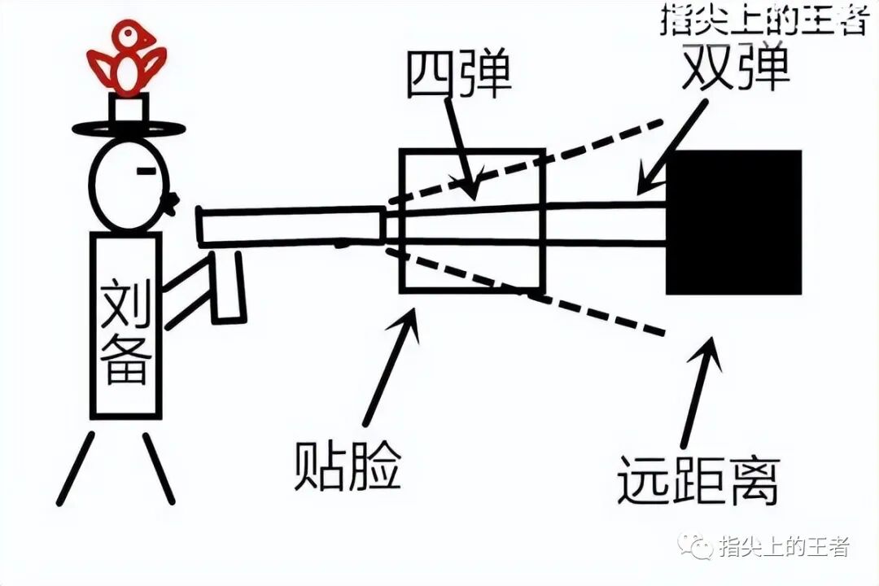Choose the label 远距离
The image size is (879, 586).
tap(698, 480)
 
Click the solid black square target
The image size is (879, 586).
tap(733, 222)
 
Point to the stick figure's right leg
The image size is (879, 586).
tap(159, 467)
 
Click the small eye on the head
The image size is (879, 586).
tap(146, 171)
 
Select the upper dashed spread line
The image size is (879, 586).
tap(529, 161)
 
